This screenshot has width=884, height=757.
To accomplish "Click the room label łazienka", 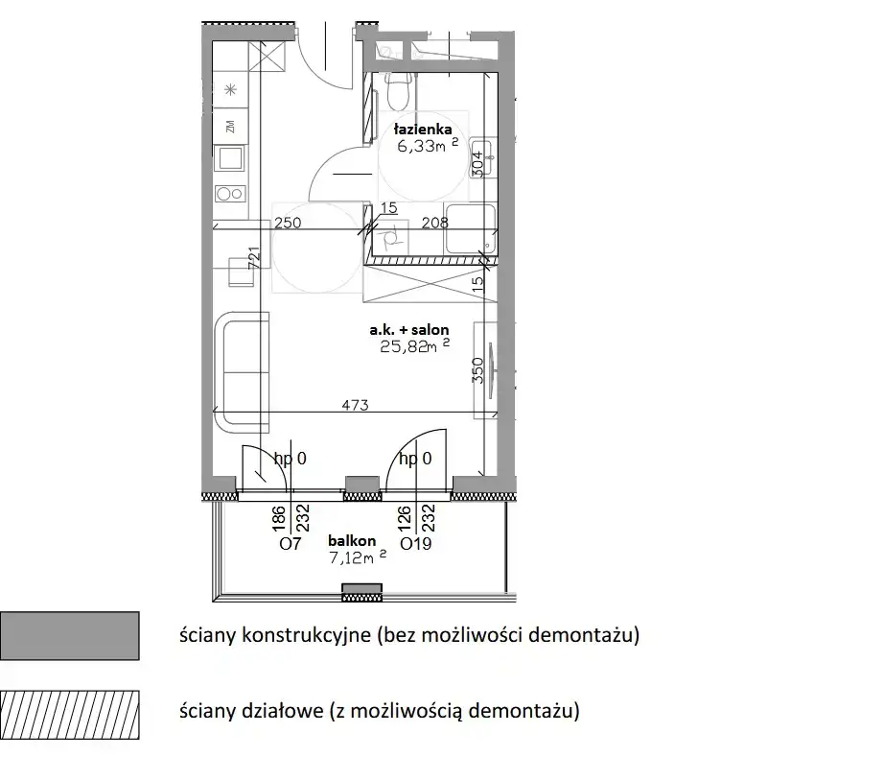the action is (423, 130).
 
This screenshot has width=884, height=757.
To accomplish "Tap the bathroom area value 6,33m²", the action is (428, 146).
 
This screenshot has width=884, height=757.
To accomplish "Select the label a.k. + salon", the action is (409, 330).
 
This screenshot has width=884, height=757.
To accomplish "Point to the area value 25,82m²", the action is (415, 345).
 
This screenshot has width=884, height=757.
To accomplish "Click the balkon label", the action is (352, 541).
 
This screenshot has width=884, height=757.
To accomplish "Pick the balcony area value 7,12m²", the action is (358, 557).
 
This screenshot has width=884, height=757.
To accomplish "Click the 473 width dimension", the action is (355, 405).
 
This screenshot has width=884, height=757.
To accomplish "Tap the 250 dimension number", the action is (288, 223).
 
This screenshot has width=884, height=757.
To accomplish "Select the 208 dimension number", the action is (434, 223).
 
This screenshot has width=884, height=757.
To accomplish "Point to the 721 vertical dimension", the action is (254, 258).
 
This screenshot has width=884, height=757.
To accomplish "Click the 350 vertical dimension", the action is (477, 370).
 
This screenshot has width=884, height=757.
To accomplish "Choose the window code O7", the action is (291, 544).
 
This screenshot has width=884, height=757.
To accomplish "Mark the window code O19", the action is (415, 544).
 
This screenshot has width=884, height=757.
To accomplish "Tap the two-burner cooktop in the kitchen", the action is (230, 194).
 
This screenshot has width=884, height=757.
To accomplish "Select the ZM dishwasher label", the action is (230, 127).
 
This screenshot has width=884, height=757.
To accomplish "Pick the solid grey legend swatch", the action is (70, 636).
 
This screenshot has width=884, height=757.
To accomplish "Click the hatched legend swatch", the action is (70, 715).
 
